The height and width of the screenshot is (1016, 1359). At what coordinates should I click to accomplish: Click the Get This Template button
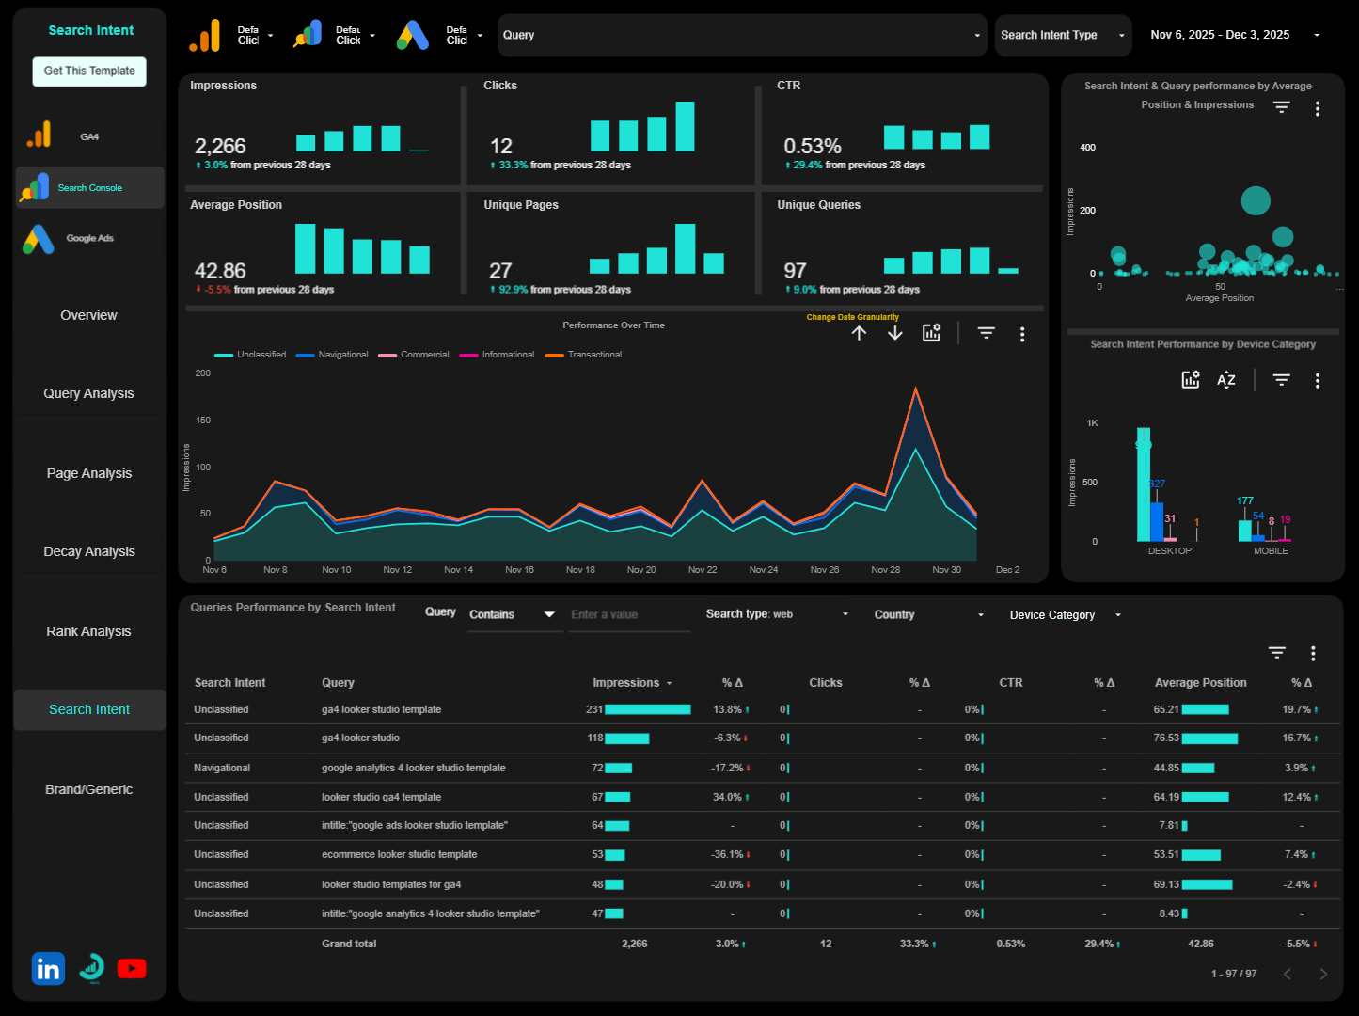pos(89,71)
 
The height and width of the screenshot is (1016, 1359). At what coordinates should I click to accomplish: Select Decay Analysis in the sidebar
pos(89,551)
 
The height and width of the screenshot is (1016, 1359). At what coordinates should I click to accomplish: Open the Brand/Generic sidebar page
pos(89,789)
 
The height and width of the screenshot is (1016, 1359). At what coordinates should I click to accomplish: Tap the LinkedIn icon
pos(48,969)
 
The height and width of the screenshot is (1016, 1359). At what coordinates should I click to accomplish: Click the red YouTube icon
pos(132,969)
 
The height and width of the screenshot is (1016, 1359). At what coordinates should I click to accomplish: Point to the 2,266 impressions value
pos(220,146)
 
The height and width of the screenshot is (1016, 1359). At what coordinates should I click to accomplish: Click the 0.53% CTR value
pos(813,146)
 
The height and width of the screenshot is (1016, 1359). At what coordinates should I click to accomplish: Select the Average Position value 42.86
pos(220,271)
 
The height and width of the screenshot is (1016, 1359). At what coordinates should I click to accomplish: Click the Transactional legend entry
pos(593,355)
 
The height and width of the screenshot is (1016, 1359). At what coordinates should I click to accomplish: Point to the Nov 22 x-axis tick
pos(703,570)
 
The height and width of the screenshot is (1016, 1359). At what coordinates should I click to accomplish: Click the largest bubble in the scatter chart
pos(1256,200)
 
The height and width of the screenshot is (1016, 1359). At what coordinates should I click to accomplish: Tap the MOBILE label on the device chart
pos(1271,551)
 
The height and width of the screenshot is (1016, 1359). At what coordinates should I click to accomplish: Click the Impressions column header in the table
pos(625,683)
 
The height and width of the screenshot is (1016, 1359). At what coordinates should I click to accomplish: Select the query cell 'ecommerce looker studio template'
pos(399,855)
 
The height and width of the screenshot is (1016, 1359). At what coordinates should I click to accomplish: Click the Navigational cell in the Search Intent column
pos(222,769)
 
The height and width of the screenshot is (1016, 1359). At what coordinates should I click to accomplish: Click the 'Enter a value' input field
pos(628,615)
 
